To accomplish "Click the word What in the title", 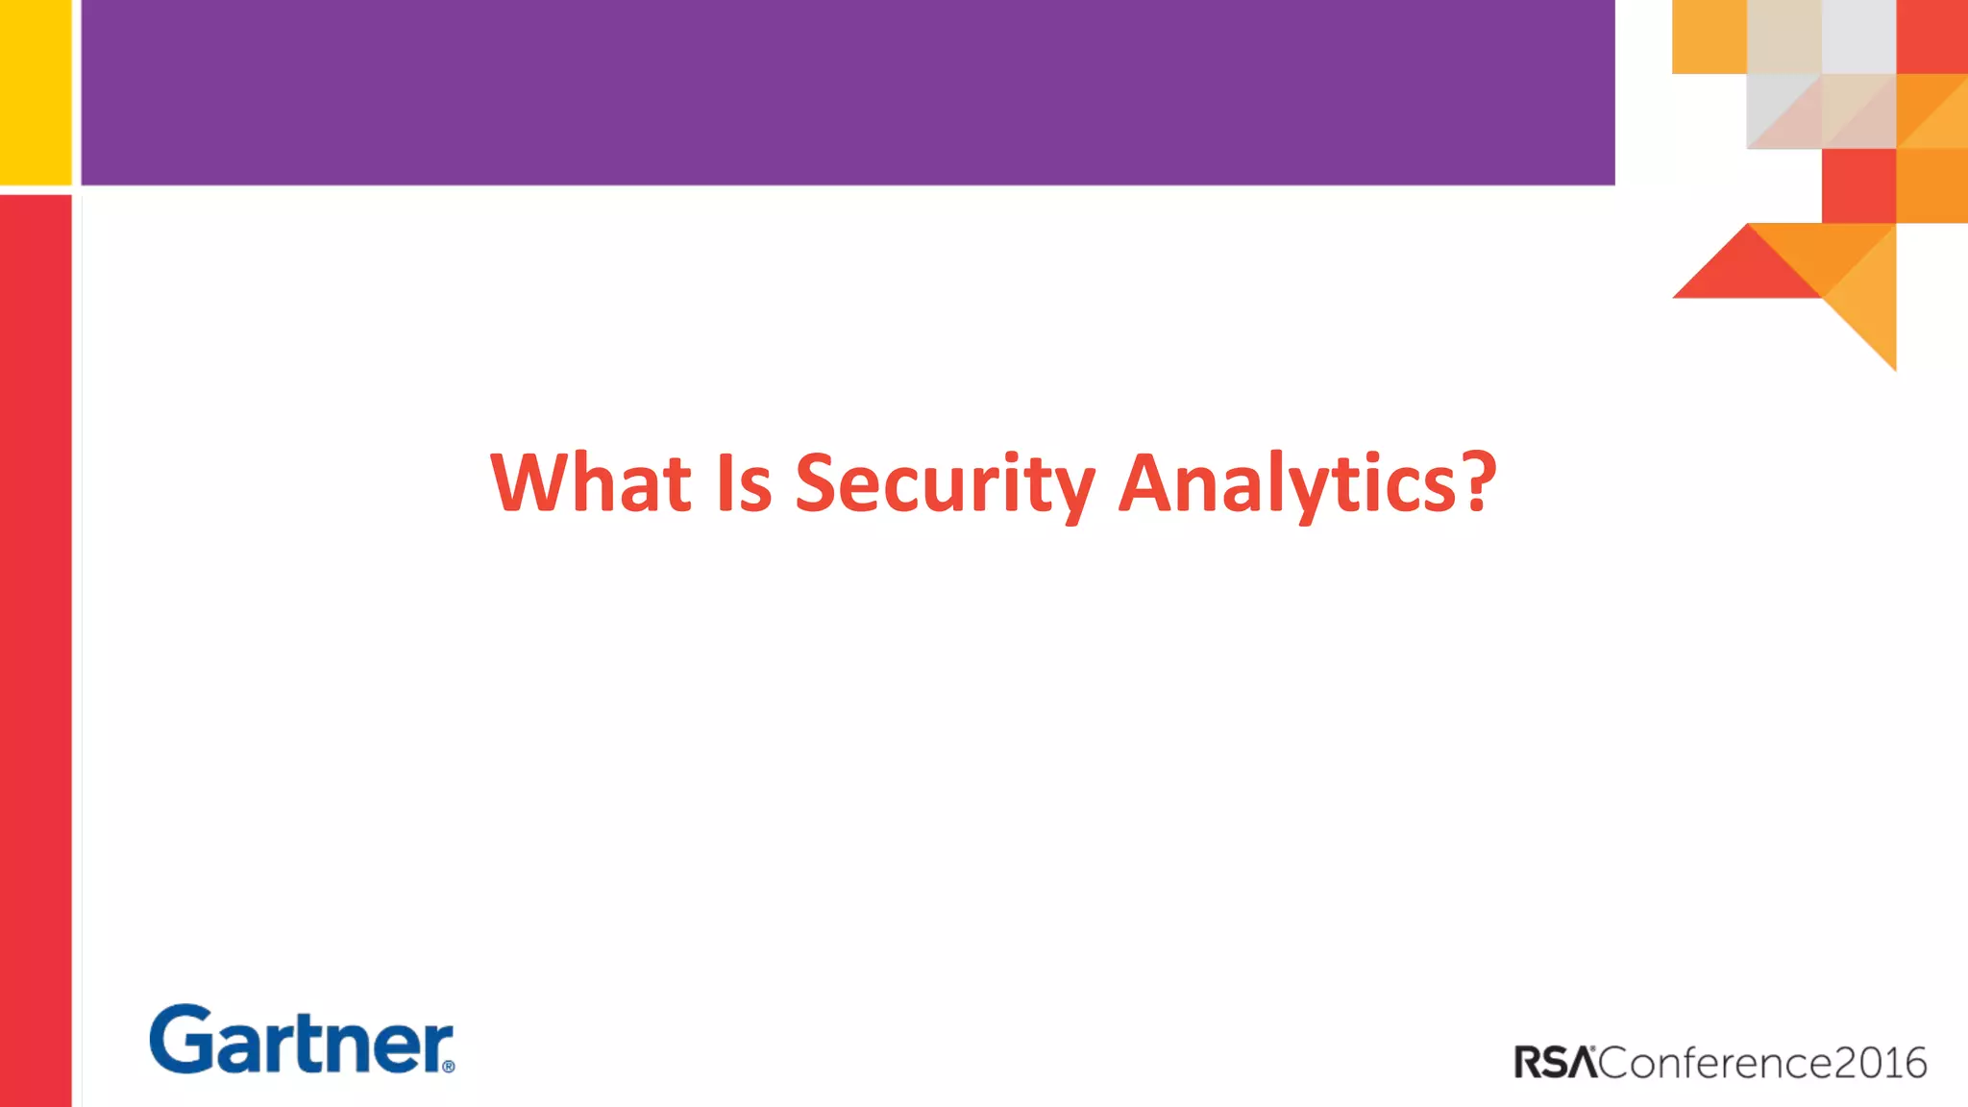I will click(x=591, y=482).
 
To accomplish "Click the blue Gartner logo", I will click(x=301, y=1040).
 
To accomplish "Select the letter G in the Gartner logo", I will click(x=180, y=1039).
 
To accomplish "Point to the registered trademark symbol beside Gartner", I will click(x=448, y=1066).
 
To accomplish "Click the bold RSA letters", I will click(x=1555, y=1063).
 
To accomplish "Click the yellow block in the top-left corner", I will click(x=36, y=91).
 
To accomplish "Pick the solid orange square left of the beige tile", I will click(x=1709, y=37).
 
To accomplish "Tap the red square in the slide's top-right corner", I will click(x=1932, y=37).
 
